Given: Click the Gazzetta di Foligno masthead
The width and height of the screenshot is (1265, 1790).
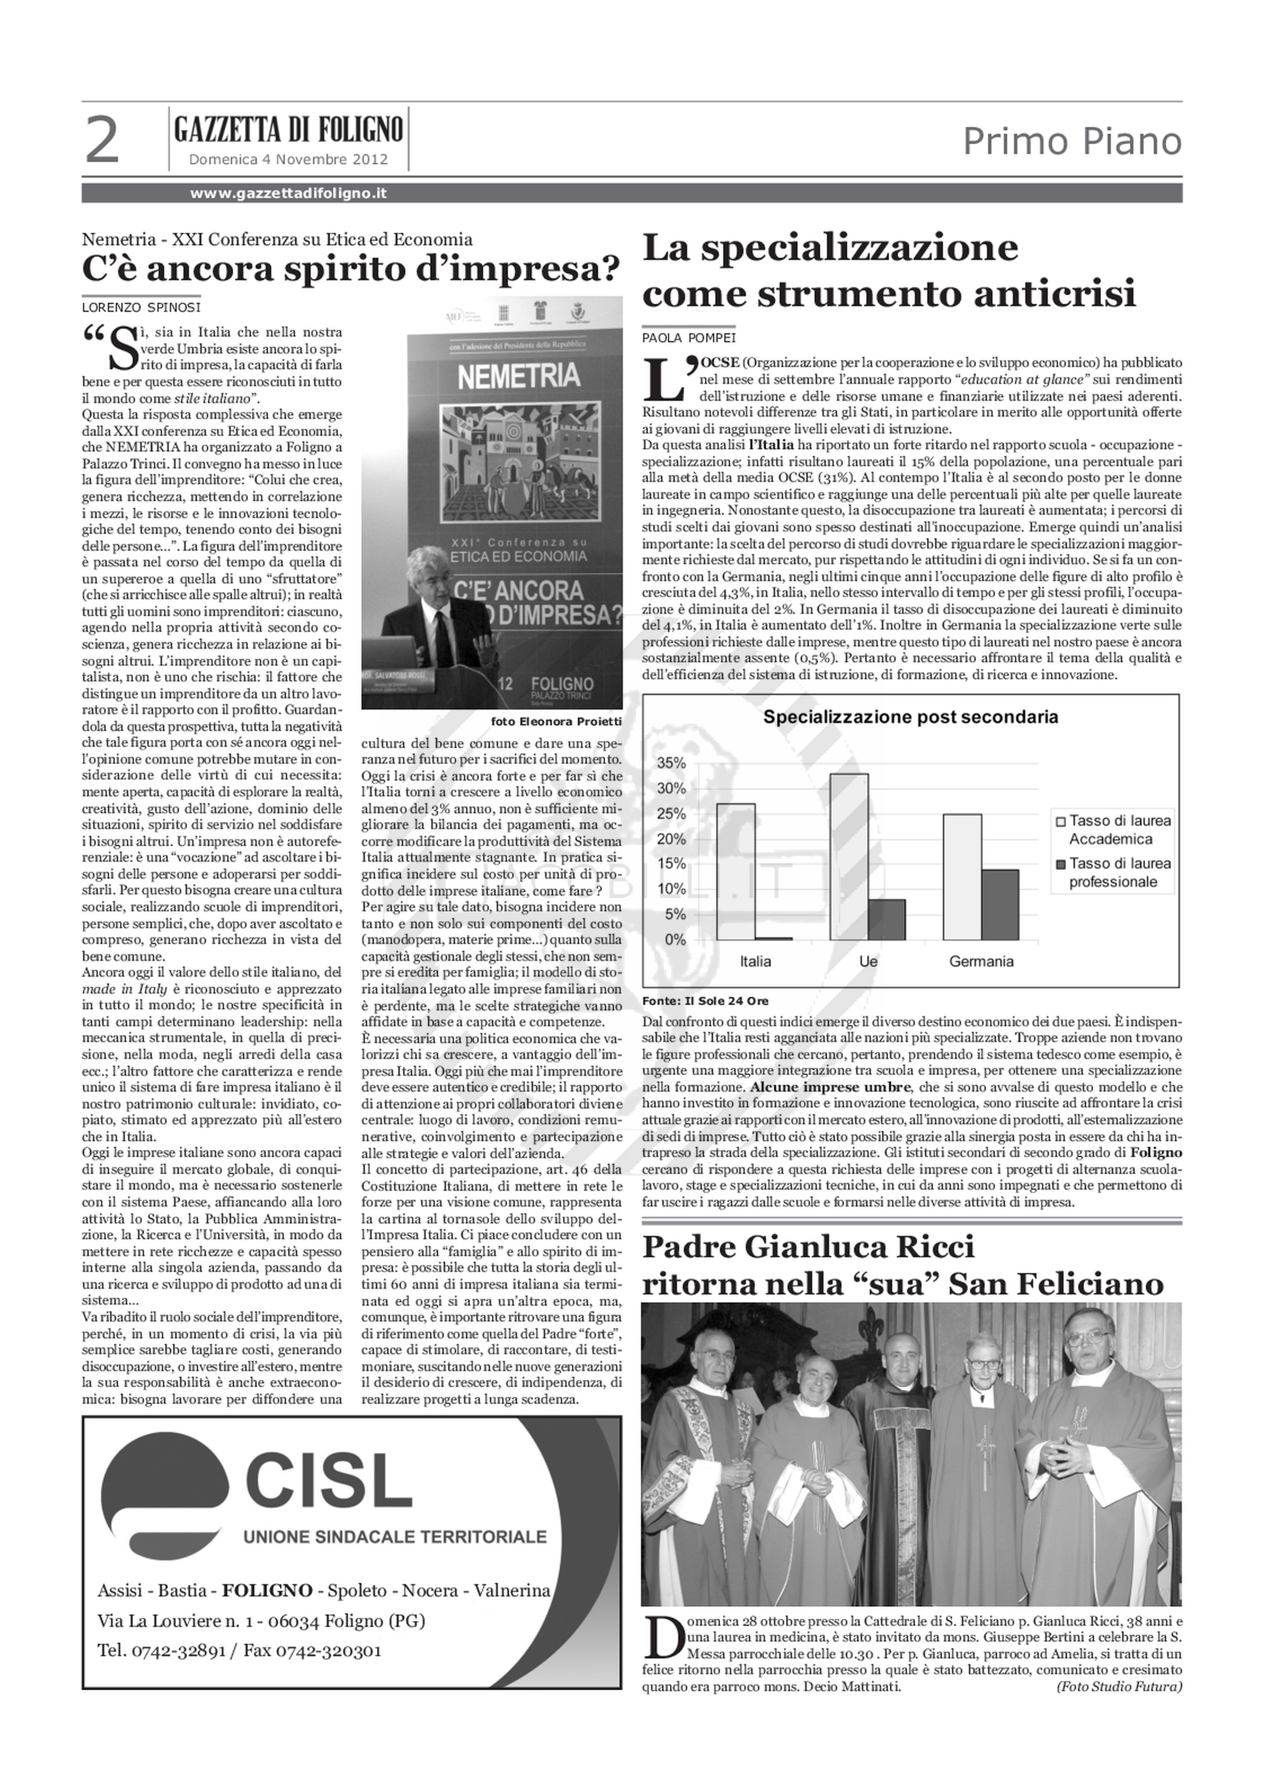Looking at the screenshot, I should point(288,129).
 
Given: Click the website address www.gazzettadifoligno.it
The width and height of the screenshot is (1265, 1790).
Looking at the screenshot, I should point(288,193).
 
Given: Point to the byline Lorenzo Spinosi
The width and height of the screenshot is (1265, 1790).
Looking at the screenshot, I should point(141,308).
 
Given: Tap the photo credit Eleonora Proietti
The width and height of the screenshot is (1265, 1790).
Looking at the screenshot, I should point(557,722).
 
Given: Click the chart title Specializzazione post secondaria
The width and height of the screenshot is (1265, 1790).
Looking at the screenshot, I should point(910,717).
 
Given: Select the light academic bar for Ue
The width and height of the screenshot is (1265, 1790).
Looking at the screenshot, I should point(849,856).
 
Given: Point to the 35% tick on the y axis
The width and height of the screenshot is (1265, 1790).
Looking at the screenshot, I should point(676,763).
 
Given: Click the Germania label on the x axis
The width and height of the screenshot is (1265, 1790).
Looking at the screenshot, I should point(981,961).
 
